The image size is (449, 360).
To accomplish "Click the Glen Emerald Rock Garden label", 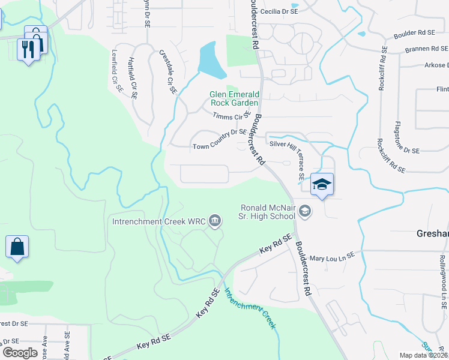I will click(234, 98).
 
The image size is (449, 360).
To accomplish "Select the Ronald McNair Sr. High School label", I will click(268, 211).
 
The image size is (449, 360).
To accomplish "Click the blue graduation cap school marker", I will click(322, 185).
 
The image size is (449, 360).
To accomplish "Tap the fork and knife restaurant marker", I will click(28, 48).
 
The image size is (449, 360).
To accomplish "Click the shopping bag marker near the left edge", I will click(17, 247).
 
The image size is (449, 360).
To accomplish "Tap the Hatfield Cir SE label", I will click(134, 78).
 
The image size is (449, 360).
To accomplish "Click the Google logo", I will click(20, 353).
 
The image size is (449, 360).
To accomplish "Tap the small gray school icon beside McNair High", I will click(305, 211).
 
